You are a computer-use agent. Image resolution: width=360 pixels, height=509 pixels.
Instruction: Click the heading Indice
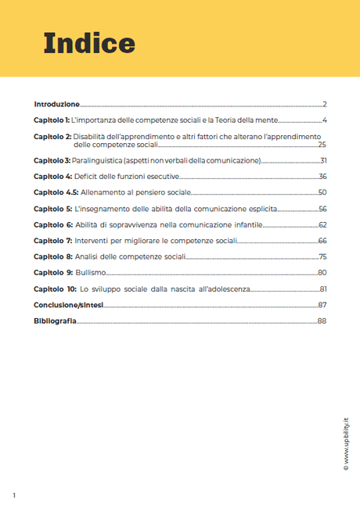pyautogui.click(x=89, y=42)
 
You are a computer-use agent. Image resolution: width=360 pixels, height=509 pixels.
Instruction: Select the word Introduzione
pyautogui.click(x=56, y=104)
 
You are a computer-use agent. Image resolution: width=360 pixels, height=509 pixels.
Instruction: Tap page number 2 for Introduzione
pyautogui.click(x=324, y=104)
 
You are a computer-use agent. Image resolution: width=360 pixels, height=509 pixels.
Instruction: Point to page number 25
pyautogui.click(x=322, y=145)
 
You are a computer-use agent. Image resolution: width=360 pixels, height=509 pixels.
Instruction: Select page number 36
pyautogui.click(x=322, y=177)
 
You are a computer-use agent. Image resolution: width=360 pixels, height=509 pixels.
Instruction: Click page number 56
pyautogui.click(x=322, y=209)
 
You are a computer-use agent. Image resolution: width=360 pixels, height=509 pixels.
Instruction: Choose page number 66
pyautogui.click(x=322, y=241)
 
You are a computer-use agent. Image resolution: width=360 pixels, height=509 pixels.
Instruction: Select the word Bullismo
pyautogui.click(x=90, y=273)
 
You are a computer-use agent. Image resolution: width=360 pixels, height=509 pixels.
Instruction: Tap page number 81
pyautogui.click(x=322, y=289)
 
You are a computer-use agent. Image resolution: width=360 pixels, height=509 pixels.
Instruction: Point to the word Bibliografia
pyautogui.click(x=55, y=321)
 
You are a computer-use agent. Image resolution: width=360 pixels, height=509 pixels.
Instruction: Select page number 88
pyautogui.click(x=322, y=321)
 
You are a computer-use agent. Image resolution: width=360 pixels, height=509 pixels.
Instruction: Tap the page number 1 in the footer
pyautogui.click(x=14, y=496)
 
